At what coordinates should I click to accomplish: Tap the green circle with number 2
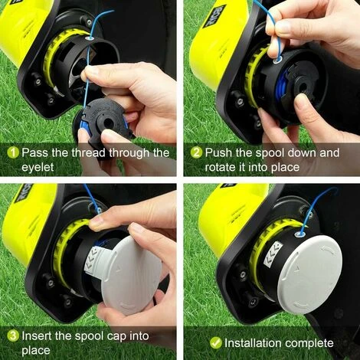[196, 152]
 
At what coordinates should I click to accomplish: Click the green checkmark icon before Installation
[196, 342]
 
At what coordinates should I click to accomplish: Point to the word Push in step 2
[220, 152]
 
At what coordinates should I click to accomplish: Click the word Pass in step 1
[35, 152]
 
